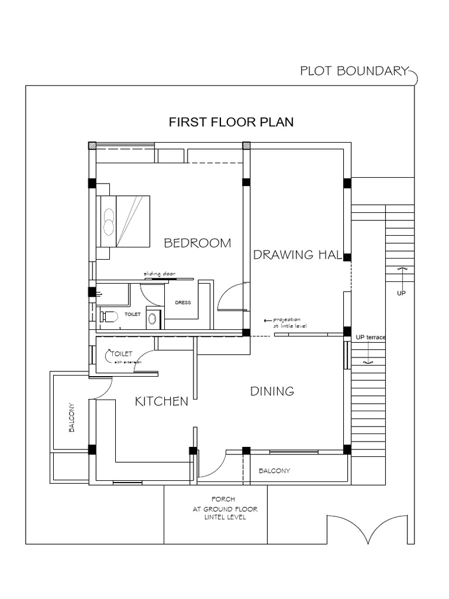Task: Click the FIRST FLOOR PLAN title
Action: [231, 122]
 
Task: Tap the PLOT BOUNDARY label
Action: [353, 71]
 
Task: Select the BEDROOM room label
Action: [197, 243]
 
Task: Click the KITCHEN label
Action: [161, 401]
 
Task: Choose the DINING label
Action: [272, 391]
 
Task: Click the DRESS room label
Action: [183, 302]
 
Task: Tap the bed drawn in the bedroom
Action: [123, 222]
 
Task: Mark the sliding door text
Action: [159, 273]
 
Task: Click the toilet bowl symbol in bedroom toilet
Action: [109, 316]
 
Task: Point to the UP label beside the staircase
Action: [401, 293]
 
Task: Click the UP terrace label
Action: [370, 338]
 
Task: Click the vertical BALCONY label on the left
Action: [71, 417]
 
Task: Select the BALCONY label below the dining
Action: [274, 471]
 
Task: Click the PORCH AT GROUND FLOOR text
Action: [225, 508]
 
